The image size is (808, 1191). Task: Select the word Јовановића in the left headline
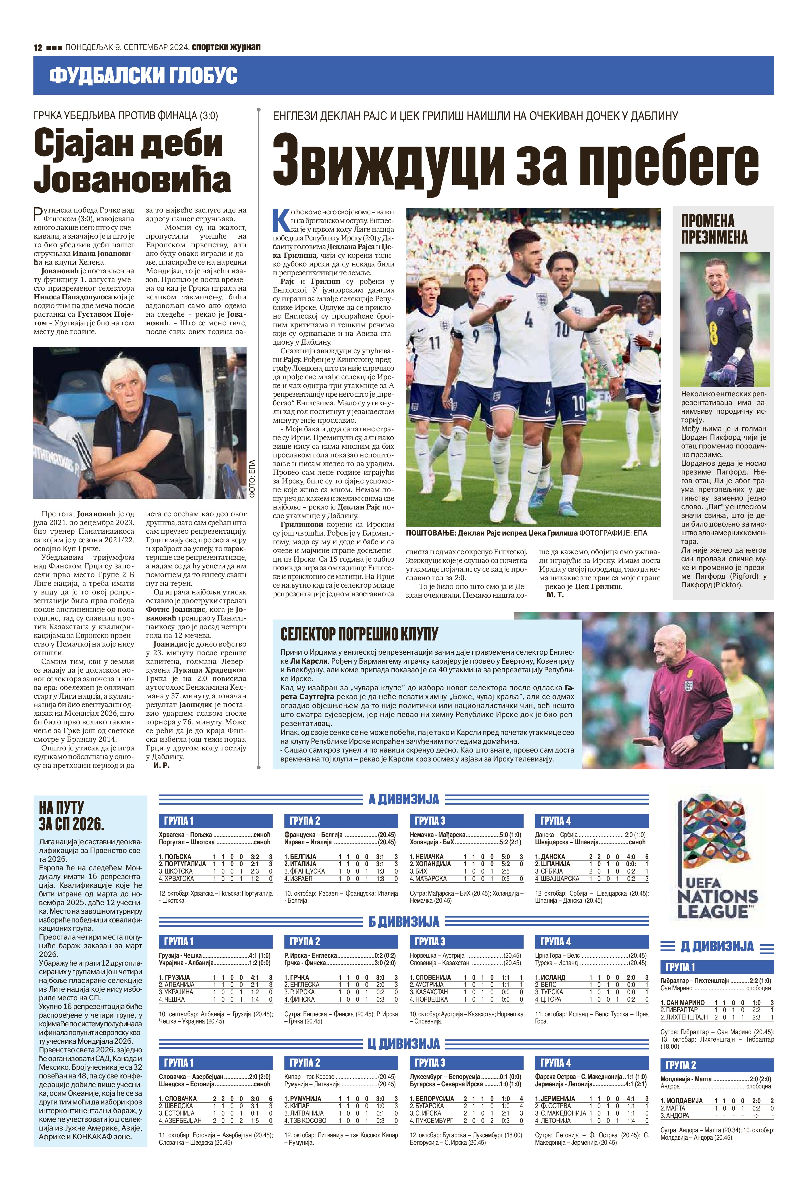coord(132,179)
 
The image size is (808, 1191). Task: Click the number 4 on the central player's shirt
coord(529,320)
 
